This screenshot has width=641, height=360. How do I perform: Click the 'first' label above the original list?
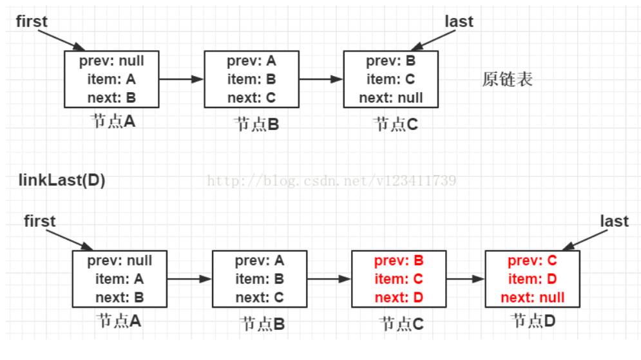pos(32,21)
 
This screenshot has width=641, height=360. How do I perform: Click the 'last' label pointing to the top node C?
pos(459,21)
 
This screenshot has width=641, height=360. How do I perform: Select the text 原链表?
pos(508,80)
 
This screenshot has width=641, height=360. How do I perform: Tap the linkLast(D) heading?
pos(61,180)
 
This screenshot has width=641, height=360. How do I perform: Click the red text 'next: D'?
pos(398,298)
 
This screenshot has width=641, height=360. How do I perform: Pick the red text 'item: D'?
pos(532,279)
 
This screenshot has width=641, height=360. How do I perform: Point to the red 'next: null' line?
pos(532,298)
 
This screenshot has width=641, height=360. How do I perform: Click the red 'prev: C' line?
pos(532,261)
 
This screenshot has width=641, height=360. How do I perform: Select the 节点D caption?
pos(533,320)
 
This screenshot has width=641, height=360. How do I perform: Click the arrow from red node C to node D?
pos(464,279)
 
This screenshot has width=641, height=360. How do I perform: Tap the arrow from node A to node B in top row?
pos(181,79)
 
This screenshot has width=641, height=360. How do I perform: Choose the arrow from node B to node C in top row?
pos(320,79)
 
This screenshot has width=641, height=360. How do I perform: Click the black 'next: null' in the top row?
pos(391,98)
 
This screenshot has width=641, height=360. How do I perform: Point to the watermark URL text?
pos(332,180)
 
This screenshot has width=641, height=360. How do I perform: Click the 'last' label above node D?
pos(614,221)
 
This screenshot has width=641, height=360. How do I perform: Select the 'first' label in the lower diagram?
pos(40,221)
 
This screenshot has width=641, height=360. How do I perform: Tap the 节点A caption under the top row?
pos(113,121)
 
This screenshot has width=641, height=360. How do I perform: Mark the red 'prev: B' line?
pos(398,261)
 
